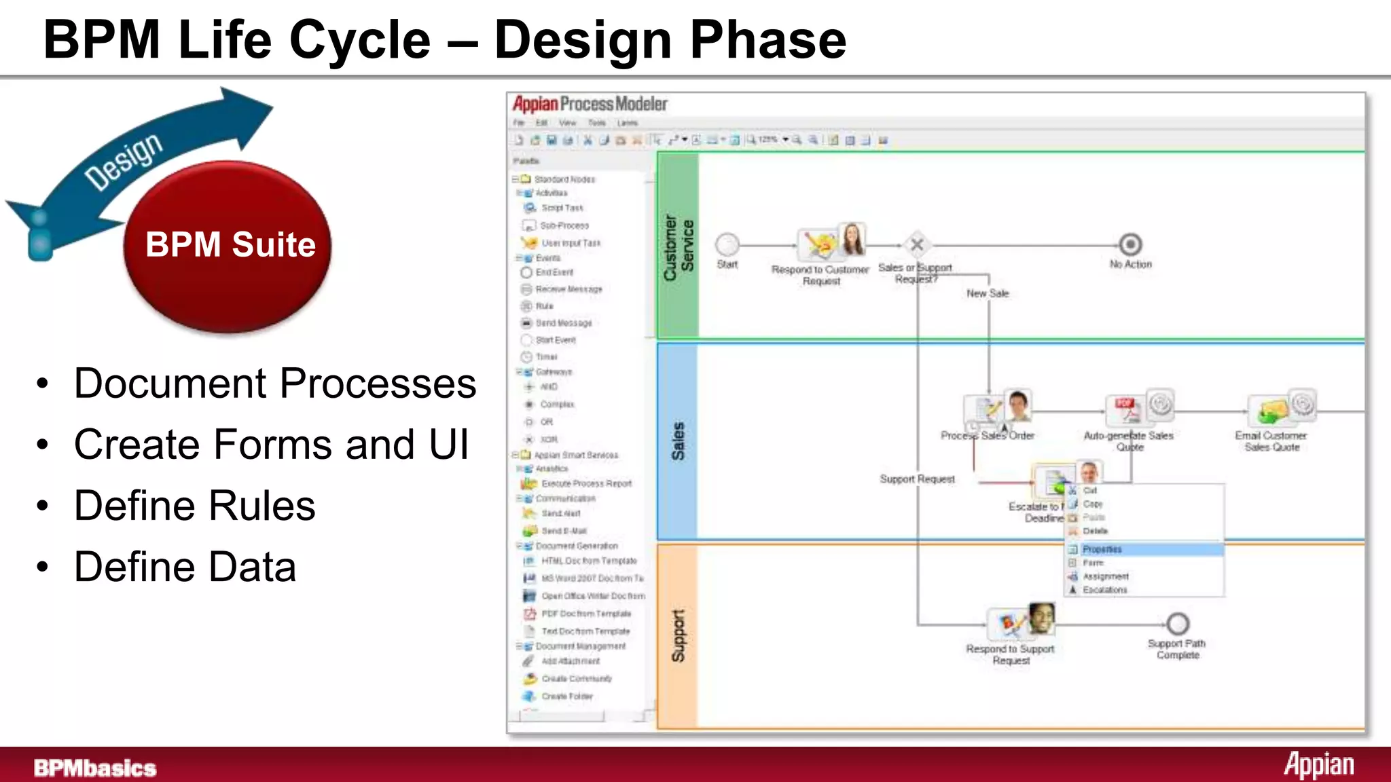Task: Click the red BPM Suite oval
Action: [228, 246]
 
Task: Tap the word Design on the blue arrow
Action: [124, 162]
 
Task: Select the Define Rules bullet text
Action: [194, 506]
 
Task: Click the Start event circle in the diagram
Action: [727, 244]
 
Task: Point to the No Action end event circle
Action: [1130, 244]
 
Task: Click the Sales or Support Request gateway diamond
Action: [916, 244]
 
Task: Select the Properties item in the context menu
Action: [1102, 549]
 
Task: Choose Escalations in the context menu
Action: [1104, 590]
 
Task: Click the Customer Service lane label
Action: [678, 247]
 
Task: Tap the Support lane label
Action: [678, 635]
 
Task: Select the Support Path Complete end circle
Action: [1178, 623]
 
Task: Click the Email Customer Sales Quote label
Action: [1271, 441]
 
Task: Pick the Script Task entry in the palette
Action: [562, 208]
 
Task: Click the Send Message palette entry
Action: [563, 323]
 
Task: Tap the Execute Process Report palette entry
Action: [586, 483]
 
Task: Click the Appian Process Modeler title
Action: [590, 104]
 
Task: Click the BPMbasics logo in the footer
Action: [95, 768]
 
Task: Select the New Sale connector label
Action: [988, 293]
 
